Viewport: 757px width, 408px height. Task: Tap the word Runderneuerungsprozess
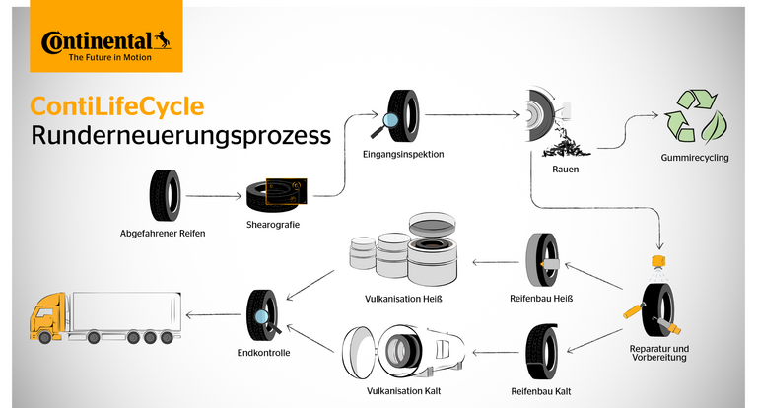click(180, 136)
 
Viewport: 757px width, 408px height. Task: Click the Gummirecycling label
click(695, 158)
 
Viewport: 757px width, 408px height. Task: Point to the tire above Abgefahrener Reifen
click(164, 195)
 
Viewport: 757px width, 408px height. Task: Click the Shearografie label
click(273, 226)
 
